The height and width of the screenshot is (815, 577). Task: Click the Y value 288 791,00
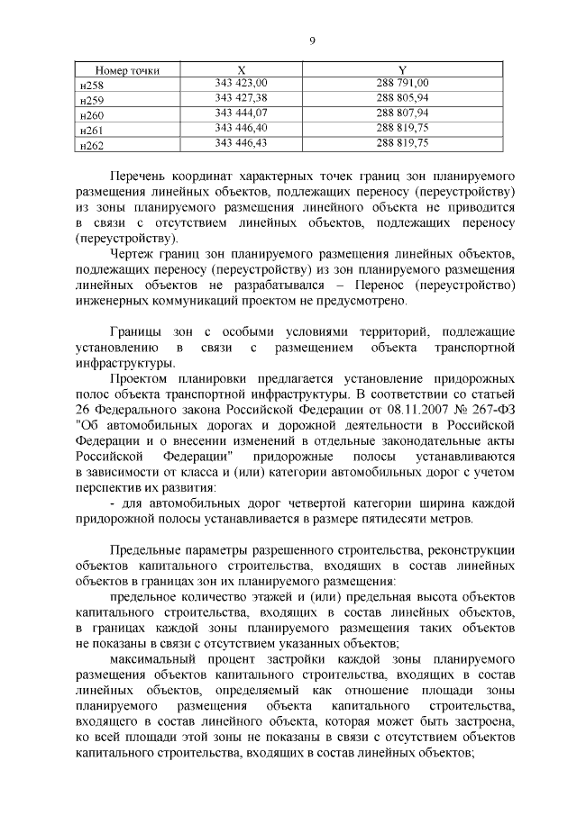click(x=402, y=84)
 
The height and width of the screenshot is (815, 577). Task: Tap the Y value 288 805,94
click(x=402, y=98)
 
